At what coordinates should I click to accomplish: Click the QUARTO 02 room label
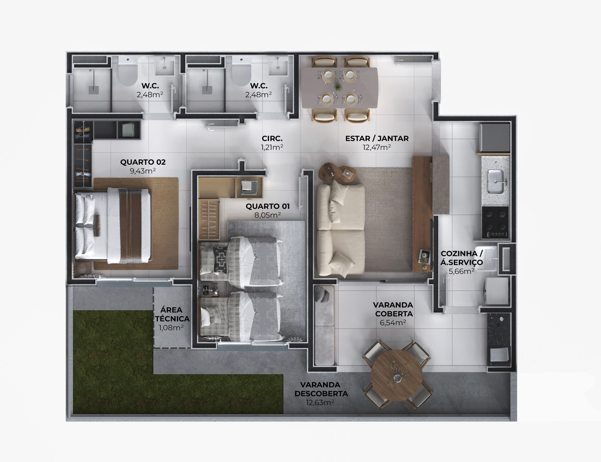[x=143, y=162]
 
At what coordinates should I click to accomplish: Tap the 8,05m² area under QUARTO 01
[x=267, y=215]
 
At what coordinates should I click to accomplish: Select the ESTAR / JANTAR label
[x=377, y=139]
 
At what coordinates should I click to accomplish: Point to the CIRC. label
[x=272, y=139]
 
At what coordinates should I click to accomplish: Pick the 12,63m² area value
[x=320, y=403]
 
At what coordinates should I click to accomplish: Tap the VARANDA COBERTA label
[x=393, y=309]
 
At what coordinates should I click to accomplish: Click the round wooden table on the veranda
[x=397, y=375]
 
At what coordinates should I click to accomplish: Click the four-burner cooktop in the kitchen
[x=495, y=222]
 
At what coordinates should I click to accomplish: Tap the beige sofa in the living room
[x=341, y=230]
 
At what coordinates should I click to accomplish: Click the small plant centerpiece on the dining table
[x=339, y=88]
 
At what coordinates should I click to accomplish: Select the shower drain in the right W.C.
[x=207, y=90]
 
